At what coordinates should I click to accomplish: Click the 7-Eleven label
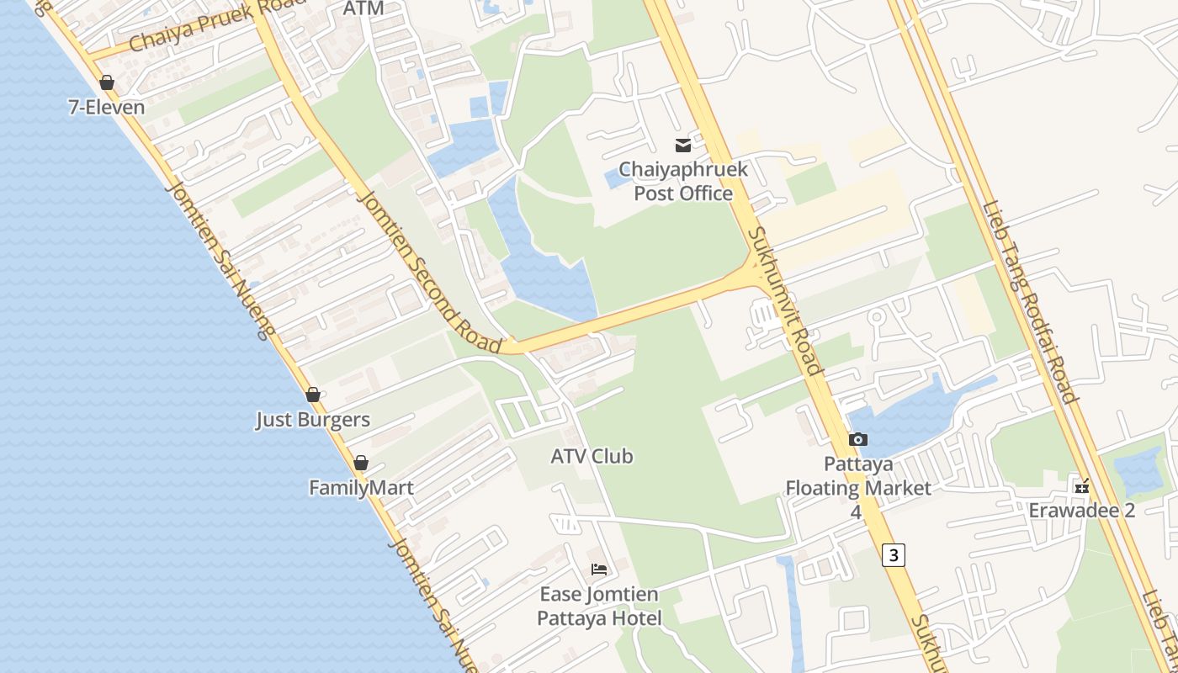(x=106, y=108)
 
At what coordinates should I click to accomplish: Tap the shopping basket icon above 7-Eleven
(x=107, y=82)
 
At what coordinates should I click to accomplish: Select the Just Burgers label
(x=313, y=420)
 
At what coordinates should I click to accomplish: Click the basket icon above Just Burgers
(x=313, y=395)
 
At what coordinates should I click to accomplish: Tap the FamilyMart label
(x=361, y=488)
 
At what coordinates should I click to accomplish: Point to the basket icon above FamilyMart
(x=361, y=463)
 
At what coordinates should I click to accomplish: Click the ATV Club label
(x=592, y=457)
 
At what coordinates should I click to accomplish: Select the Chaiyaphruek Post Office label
(x=683, y=181)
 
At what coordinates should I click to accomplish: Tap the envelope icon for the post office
(x=683, y=146)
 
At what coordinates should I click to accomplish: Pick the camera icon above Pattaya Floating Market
(x=858, y=439)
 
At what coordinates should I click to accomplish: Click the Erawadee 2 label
(x=1082, y=511)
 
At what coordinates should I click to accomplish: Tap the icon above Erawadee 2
(x=1082, y=486)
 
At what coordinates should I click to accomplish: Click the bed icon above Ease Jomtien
(x=599, y=570)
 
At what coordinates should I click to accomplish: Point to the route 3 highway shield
(x=894, y=555)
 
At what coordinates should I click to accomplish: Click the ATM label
(x=363, y=8)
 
